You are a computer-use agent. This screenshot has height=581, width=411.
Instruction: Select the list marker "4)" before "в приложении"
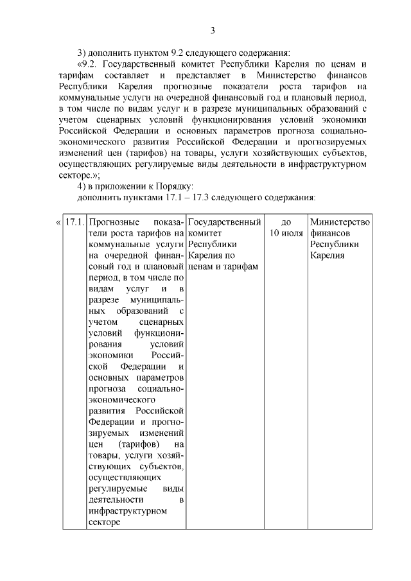[x=82, y=186]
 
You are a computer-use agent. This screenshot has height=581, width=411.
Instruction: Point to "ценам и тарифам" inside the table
[x=223, y=266]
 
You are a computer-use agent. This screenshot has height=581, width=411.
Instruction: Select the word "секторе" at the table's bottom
[x=103, y=522]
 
